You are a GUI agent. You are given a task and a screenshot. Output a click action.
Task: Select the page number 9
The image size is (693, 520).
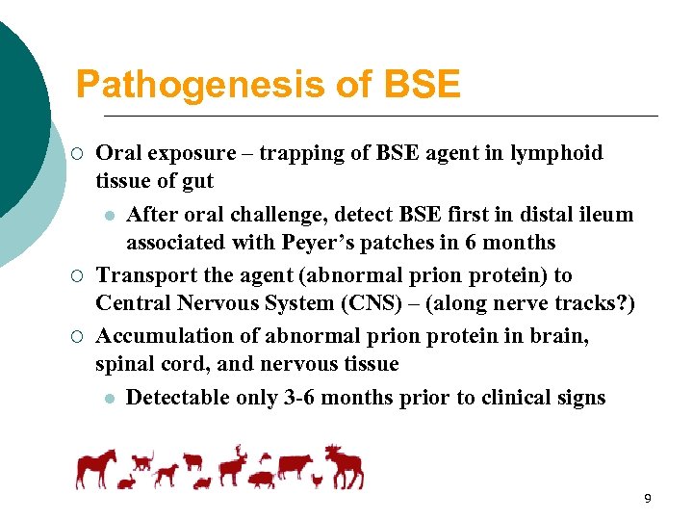(x=648, y=498)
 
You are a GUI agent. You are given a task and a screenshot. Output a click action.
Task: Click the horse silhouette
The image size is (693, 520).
(x=97, y=466)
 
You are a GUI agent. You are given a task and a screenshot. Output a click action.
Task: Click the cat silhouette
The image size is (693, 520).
(x=142, y=459)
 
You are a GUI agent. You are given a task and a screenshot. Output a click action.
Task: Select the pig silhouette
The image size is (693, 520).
(x=262, y=479)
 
